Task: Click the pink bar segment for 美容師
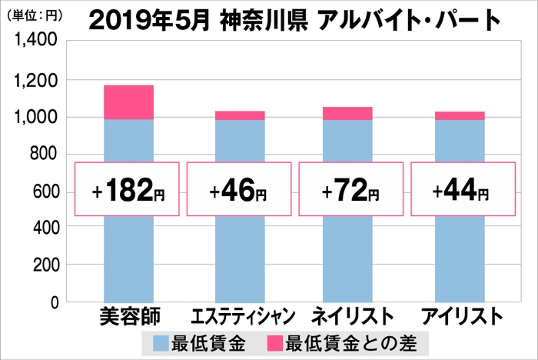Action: pyautogui.click(x=128, y=102)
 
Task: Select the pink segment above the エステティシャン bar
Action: pyautogui.click(x=240, y=115)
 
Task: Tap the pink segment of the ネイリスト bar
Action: pyautogui.click(x=347, y=113)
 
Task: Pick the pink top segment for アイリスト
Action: pyautogui.click(x=460, y=115)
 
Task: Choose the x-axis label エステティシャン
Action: pyautogui.click(x=241, y=317)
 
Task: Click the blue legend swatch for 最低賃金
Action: pyautogui.click(x=164, y=342)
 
